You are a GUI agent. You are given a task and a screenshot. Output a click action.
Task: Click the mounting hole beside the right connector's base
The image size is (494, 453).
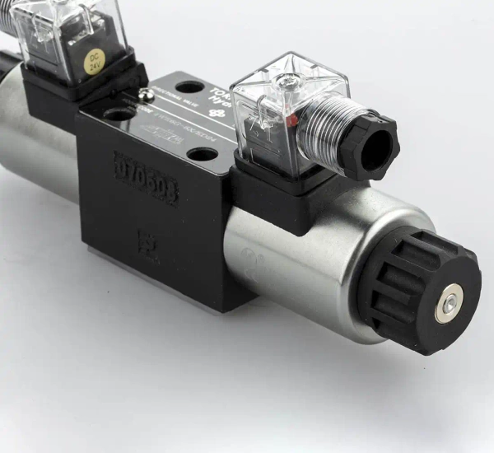click(x=200, y=154)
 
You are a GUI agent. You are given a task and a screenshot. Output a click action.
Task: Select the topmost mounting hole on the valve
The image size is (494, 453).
click(x=189, y=86)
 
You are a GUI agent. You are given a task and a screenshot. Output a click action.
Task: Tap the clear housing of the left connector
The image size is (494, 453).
click(x=62, y=33)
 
